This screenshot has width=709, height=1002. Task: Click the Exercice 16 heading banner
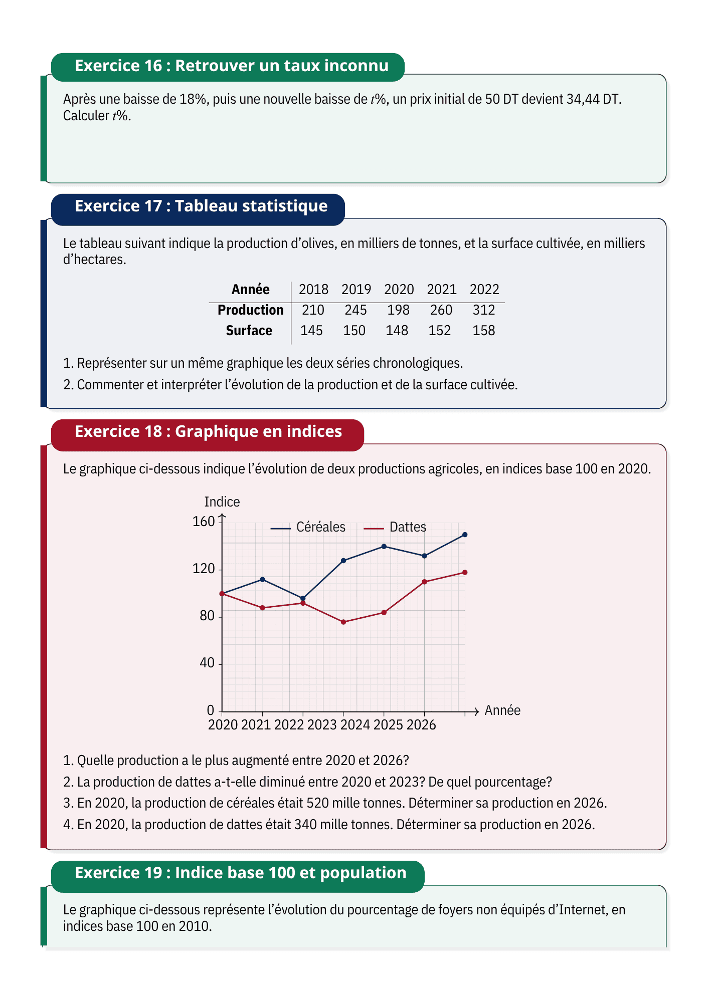228,67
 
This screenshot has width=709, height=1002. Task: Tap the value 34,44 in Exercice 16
583,99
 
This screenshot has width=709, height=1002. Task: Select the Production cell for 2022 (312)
484,310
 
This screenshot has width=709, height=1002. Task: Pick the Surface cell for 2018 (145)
311,331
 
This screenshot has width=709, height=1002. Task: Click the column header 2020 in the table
399,290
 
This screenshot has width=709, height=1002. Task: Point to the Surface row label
249,331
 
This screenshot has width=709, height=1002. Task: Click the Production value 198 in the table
398,310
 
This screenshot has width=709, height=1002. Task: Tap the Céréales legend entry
308,527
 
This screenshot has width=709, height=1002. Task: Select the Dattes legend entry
395,527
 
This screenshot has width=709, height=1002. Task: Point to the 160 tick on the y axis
204,522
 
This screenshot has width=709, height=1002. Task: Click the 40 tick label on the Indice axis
207,663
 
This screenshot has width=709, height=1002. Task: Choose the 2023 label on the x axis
322,725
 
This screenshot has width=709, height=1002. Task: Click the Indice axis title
222,502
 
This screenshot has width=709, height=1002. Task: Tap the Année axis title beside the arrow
502,710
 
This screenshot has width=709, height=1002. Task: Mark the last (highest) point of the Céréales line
465,535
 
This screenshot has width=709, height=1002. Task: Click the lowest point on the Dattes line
343,622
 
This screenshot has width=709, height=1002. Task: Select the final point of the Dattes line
465,572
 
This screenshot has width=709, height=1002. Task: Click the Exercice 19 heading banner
238,873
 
